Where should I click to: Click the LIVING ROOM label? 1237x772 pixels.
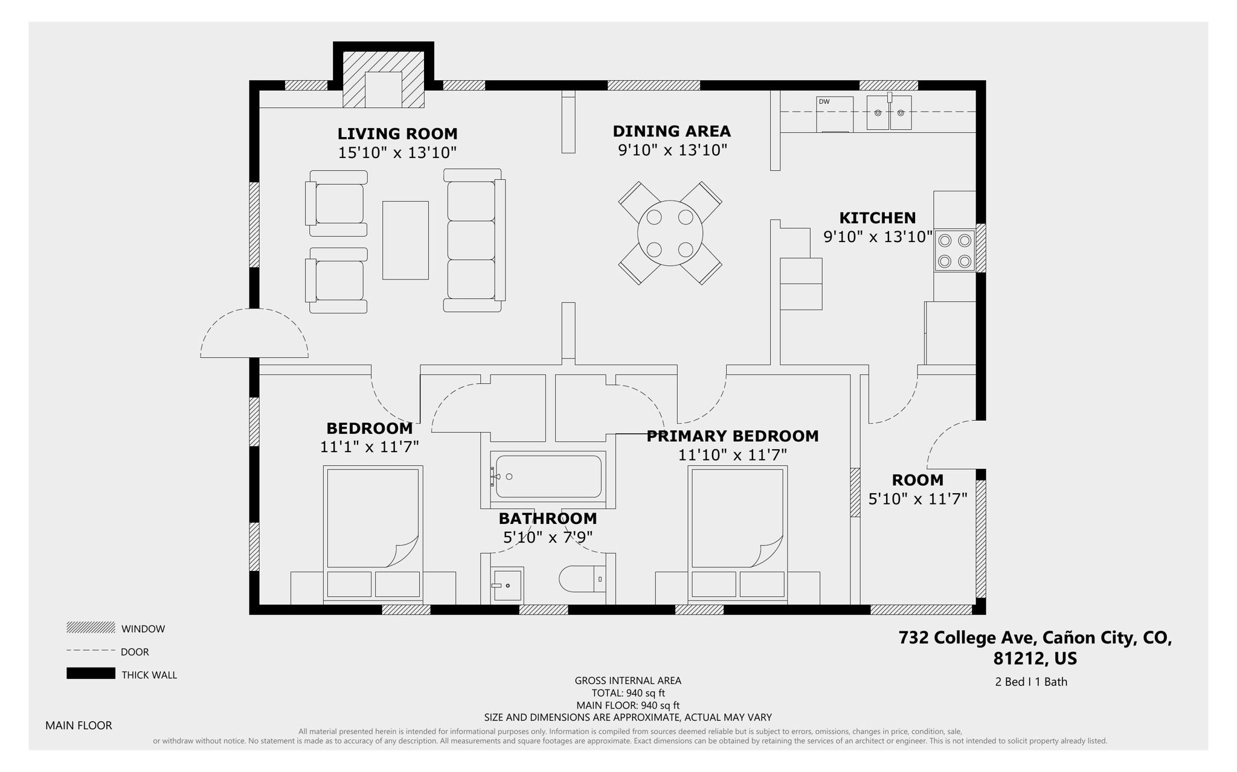pyautogui.click(x=397, y=133)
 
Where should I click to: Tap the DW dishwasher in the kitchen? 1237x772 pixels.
pyautogui.click(x=834, y=114)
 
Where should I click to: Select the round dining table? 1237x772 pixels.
pyautogui.click(x=670, y=233)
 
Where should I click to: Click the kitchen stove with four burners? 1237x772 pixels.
pyautogui.click(x=954, y=250)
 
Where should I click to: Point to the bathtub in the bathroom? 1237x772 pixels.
pyautogui.click(x=548, y=477)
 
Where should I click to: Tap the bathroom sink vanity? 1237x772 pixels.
pyautogui.click(x=506, y=585)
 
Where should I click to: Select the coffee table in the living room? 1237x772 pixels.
pyautogui.click(x=405, y=240)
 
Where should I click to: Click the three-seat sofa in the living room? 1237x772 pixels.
pyautogui.click(x=474, y=240)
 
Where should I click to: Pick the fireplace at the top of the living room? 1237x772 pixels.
pyautogui.click(x=383, y=80)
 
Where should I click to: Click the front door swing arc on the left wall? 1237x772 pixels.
pyautogui.click(x=254, y=334)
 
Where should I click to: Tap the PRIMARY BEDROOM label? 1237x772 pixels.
pyautogui.click(x=732, y=436)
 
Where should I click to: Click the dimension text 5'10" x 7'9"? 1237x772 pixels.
pyautogui.click(x=547, y=537)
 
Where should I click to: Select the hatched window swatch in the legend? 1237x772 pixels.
pyautogui.click(x=91, y=628)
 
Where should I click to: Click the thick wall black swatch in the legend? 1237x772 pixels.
pyautogui.click(x=91, y=674)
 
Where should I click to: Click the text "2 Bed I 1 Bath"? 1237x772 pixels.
pyautogui.click(x=1030, y=681)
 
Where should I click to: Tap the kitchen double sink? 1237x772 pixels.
pyautogui.click(x=888, y=113)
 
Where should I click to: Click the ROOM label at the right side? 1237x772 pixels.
pyautogui.click(x=917, y=480)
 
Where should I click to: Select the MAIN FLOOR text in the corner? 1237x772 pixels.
pyautogui.click(x=79, y=726)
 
